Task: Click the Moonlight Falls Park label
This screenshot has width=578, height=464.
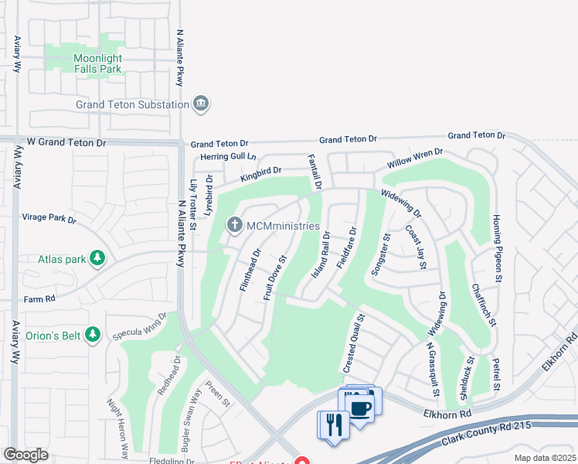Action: [x=97, y=63]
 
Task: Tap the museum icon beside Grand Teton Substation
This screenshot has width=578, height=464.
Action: [x=201, y=104]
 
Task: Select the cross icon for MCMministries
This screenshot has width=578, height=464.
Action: [x=234, y=225]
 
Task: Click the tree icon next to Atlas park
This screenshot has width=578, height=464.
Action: [x=97, y=258]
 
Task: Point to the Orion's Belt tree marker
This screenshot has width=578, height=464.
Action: [x=93, y=334]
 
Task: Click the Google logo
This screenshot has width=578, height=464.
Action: [x=25, y=455]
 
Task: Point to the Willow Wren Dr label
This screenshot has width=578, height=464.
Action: [x=416, y=159]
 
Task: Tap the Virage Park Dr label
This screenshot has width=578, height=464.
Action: [x=49, y=219]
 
